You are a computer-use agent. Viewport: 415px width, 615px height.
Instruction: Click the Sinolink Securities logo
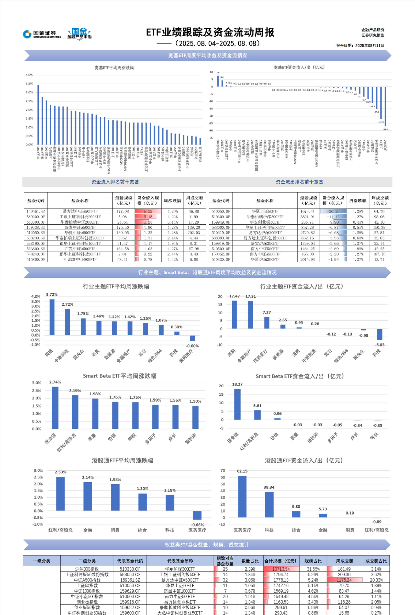[42, 34]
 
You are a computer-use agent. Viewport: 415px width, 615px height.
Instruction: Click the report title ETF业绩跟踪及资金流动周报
[210, 32]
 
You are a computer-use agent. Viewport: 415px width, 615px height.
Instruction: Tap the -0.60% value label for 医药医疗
[192, 346]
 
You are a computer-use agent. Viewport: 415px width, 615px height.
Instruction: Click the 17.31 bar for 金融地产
[250, 315]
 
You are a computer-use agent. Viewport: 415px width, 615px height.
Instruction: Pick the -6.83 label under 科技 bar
[380, 345]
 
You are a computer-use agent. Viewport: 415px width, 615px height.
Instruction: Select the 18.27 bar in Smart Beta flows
[237, 404]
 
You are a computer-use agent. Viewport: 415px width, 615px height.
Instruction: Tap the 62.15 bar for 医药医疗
[242, 496]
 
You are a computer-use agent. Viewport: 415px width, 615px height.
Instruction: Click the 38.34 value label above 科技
[269, 487]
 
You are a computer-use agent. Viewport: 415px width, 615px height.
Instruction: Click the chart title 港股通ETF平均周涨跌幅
[122, 461]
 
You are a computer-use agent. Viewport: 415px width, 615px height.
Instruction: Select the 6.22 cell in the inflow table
[148, 211]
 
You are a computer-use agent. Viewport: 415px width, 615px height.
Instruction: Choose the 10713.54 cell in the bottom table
[281, 569]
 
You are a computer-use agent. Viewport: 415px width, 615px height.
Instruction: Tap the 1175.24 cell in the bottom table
[344, 580]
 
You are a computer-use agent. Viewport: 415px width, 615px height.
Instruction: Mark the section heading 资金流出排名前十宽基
[299, 182]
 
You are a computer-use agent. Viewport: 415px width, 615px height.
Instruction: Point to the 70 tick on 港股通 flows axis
[223, 470]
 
